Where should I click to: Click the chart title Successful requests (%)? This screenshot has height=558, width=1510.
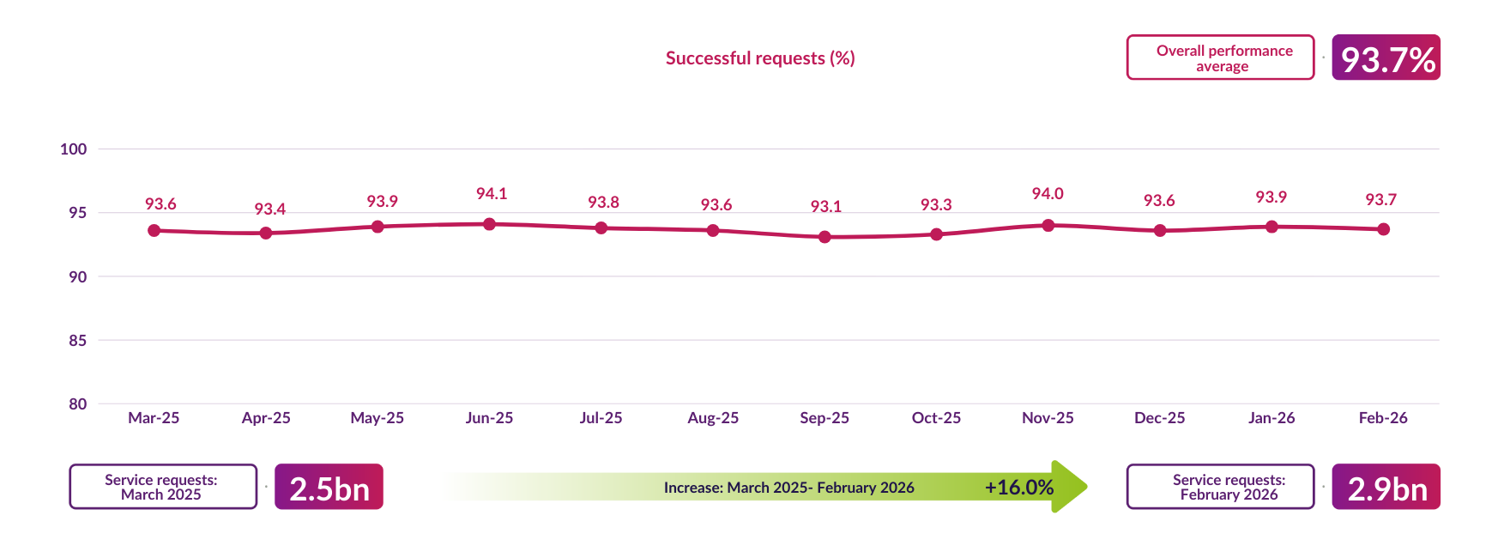(x=760, y=58)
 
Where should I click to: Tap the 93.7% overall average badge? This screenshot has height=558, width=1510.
(x=1386, y=58)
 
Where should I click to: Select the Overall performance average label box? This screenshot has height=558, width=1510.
(x=1220, y=58)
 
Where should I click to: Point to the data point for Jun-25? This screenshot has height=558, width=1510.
(x=489, y=224)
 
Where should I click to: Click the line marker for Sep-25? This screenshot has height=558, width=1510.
(x=824, y=237)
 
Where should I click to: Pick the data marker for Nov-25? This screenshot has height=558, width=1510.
(x=1048, y=225)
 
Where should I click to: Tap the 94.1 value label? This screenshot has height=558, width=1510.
(x=492, y=194)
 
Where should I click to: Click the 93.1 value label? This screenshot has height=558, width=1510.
(x=825, y=207)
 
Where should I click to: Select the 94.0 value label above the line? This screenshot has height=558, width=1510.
(x=1048, y=194)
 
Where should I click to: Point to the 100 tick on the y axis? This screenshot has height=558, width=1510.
(x=74, y=149)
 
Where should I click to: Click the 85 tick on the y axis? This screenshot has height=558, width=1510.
(x=77, y=341)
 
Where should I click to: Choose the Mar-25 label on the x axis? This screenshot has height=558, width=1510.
(x=154, y=418)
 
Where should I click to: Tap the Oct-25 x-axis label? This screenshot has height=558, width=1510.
(x=936, y=418)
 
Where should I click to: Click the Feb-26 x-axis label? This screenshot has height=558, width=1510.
(x=1383, y=418)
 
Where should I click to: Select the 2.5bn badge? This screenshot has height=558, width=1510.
(x=329, y=488)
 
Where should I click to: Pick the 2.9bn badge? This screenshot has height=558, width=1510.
(x=1386, y=488)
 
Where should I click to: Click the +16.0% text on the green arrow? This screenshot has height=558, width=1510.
(x=1019, y=488)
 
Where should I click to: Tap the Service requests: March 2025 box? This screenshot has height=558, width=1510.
(x=163, y=487)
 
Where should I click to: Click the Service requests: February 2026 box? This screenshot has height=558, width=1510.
(x=1220, y=487)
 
